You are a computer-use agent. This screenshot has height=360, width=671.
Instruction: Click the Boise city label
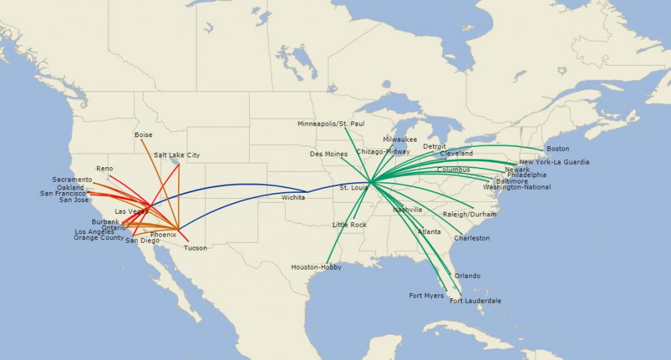coord(143,135)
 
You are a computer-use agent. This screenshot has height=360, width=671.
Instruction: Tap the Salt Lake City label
coord(177,155)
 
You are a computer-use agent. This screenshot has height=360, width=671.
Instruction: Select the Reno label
coord(105,169)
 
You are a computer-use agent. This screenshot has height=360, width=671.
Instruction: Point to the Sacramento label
coord(72,180)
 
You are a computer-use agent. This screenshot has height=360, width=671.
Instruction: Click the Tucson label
coord(195,248)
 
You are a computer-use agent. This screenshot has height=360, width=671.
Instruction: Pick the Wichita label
coord(293,197)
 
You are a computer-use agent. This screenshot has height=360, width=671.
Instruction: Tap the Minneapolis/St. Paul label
coord(331,124)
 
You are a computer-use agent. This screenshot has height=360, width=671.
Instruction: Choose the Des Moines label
coord(328,154)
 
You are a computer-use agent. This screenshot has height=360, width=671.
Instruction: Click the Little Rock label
coord(349,225)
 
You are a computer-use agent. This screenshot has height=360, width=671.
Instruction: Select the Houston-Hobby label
coord(316,268)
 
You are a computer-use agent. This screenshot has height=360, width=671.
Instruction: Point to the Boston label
coord(558,149)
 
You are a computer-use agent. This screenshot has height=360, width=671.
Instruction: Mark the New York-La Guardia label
coord(554,163)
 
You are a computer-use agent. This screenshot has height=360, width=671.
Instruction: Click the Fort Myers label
coord(426,296)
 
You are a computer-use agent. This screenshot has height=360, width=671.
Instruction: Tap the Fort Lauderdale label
coord(475,301)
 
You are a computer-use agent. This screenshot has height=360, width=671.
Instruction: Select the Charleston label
coord(472,238)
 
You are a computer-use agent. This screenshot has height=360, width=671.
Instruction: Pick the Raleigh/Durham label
coord(469,214)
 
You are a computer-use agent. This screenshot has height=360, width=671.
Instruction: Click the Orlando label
coord(467,276)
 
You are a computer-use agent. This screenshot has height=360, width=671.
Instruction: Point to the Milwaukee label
coord(400,140)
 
